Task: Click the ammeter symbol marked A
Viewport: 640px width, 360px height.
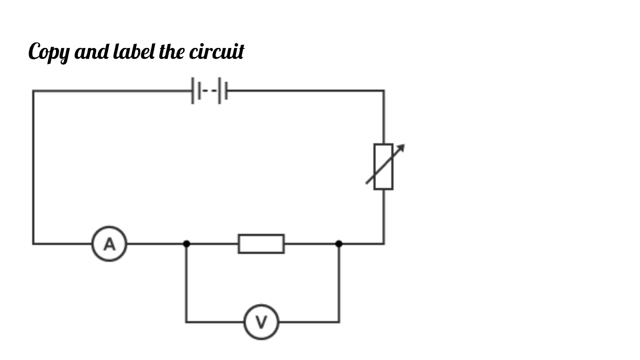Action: click(x=109, y=244)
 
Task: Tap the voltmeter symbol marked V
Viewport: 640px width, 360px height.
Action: click(x=261, y=322)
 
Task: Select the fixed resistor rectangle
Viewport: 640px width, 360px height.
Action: click(x=261, y=244)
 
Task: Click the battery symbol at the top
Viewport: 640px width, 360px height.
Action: click(x=210, y=91)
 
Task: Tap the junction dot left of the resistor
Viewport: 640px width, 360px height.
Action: click(x=186, y=244)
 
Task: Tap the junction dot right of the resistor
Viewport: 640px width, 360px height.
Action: click(x=339, y=244)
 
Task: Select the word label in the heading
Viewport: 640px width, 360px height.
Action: click(x=134, y=52)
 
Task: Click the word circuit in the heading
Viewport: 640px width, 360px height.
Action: click(x=216, y=52)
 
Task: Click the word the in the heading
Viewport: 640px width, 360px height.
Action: click(x=172, y=52)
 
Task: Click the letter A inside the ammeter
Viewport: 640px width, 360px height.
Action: click(x=109, y=244)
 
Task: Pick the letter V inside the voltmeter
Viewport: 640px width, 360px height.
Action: click(x=261, y=322)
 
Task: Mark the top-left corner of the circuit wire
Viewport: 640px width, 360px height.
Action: click(x=33, y=91)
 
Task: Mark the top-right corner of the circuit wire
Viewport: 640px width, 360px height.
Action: click(x=384, y=91)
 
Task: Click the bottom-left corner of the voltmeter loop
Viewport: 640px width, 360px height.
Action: click(x=186, y=322)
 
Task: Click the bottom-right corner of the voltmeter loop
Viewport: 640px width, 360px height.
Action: click(x=339, y=322)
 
